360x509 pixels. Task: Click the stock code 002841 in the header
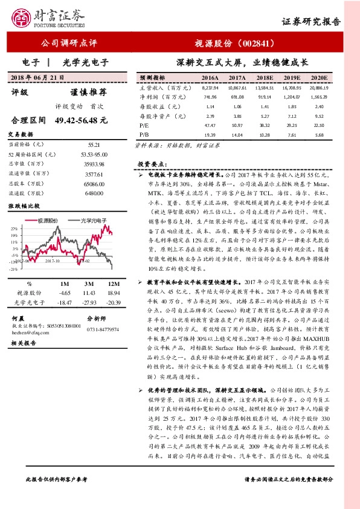click(254, 44)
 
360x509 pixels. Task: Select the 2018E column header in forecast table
click(265, 79)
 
